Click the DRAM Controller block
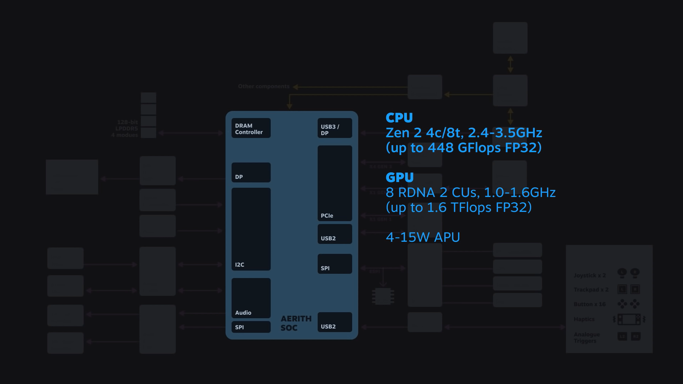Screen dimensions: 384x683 point(251,128)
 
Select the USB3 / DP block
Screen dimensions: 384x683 point(334,128)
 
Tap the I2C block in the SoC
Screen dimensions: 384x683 point(251,229)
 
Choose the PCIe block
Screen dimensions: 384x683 point(334,183)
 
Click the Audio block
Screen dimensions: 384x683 point(251,298)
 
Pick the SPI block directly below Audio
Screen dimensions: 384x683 point(251,327)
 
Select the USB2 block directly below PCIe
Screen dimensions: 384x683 point(334,234)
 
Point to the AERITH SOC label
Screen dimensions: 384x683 point(296,323)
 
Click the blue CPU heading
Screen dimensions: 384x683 point(399,118)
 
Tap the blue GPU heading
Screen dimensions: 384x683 point(399,177)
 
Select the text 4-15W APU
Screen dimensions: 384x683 point(423,237)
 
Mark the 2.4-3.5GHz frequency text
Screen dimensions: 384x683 point(505,133)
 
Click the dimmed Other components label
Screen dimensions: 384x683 point(264,86)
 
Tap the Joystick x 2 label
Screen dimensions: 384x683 point(589,276)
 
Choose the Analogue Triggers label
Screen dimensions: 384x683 point(587,338)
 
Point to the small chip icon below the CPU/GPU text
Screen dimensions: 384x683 point(383,296)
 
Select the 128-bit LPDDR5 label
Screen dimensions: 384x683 point(127,125)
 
